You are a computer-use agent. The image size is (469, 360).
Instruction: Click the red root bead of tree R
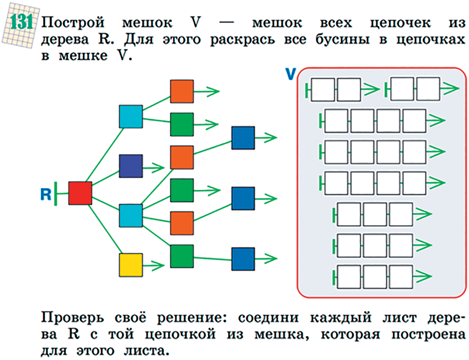coord(80,193)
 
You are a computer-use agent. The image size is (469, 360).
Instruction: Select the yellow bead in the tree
coord(131,265)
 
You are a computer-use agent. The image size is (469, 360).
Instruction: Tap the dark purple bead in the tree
coord(131,166)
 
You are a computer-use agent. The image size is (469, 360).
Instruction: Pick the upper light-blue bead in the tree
coord(131,117)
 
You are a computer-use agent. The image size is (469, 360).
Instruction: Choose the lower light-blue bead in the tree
coord(131,216)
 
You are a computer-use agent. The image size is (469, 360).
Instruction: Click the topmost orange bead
coord(182,91)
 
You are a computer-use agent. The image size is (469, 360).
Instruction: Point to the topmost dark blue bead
coord(243,138)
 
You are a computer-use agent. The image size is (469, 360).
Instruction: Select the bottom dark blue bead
coord(243,259)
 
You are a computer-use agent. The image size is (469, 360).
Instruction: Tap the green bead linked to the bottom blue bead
coord(182,257)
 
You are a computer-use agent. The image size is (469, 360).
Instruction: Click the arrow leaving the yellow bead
coord(154,266)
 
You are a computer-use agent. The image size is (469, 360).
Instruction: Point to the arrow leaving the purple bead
coord(154,167)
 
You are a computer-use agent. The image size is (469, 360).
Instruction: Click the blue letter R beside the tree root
coord(46,194)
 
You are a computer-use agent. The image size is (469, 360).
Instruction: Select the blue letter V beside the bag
coord(291,74)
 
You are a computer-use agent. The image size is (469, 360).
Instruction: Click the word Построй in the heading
coord(73,23)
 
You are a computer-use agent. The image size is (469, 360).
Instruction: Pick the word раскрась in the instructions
coord(242,40)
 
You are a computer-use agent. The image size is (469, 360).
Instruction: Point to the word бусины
coord(342,40)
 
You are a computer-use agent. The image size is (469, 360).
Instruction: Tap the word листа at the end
coord(146,351)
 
